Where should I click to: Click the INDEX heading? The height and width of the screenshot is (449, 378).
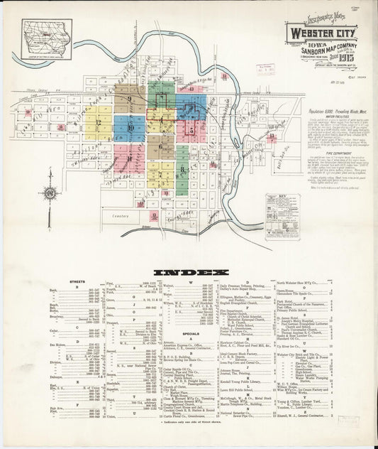tap(188, 272)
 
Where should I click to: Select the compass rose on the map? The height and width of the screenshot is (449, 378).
tap(50, 193)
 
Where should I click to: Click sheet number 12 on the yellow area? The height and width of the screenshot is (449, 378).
tap(99, 122)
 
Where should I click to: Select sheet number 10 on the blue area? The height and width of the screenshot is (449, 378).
tap(131, 127)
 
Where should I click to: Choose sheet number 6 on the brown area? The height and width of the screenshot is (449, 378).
tap(162, 147)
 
